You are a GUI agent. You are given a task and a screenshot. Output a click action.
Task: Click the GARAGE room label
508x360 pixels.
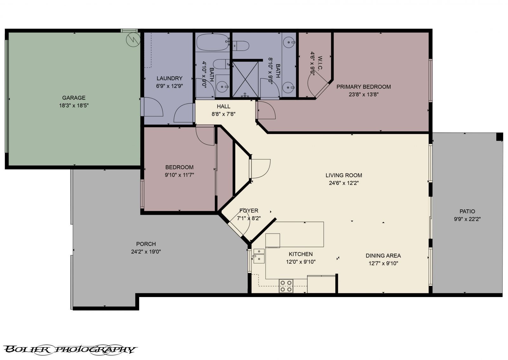pyautogui.click(x=74, y=98)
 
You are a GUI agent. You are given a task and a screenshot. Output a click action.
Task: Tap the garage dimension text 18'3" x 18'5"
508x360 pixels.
pyautogui.click(x=74, y=105)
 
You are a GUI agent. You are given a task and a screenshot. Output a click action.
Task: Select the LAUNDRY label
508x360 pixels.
pyautogui.click(x=170, y=78)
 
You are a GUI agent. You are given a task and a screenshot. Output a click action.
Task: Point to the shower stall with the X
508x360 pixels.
pyautogui.click(x=245, y=79)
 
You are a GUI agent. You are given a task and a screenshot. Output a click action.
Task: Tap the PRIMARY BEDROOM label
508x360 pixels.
pyautogui.click(x=364, y=87)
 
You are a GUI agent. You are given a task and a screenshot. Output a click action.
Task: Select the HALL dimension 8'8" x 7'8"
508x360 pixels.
pyautogui.click(x=224, y=114)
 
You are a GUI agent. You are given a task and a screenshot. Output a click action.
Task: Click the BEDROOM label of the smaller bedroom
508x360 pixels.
pyautogui.click(x=179, y=167)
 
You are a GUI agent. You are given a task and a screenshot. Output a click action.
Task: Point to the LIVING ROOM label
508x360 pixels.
pyautogui.click(x=344, y=175)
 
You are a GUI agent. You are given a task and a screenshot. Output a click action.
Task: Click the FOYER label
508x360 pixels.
pyautogui.click(x=249, y=210)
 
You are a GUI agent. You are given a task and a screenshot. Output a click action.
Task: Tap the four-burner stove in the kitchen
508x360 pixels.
pyautogui.click(x=286, y=286)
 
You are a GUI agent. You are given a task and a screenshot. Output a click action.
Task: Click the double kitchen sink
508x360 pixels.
pyautogui.click(x=259, y=256)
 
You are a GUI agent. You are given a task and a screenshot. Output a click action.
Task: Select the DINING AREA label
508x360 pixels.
pyautogui.click(x=383, y=255)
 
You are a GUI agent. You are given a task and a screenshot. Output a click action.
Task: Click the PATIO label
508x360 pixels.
pyautogui.click(x=467, y=211)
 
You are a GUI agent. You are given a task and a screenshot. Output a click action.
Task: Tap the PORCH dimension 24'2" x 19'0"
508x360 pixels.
pyautogui.click(x=146, y=252)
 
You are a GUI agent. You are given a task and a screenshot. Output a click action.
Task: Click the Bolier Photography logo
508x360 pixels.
pyautogui.click(x=70, y=350)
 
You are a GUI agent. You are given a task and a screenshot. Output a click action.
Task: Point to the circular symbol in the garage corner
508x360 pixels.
pyautogui.click(x=133, y=40)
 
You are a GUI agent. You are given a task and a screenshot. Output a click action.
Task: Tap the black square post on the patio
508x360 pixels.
pyautogui.click(x=499, y=137)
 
